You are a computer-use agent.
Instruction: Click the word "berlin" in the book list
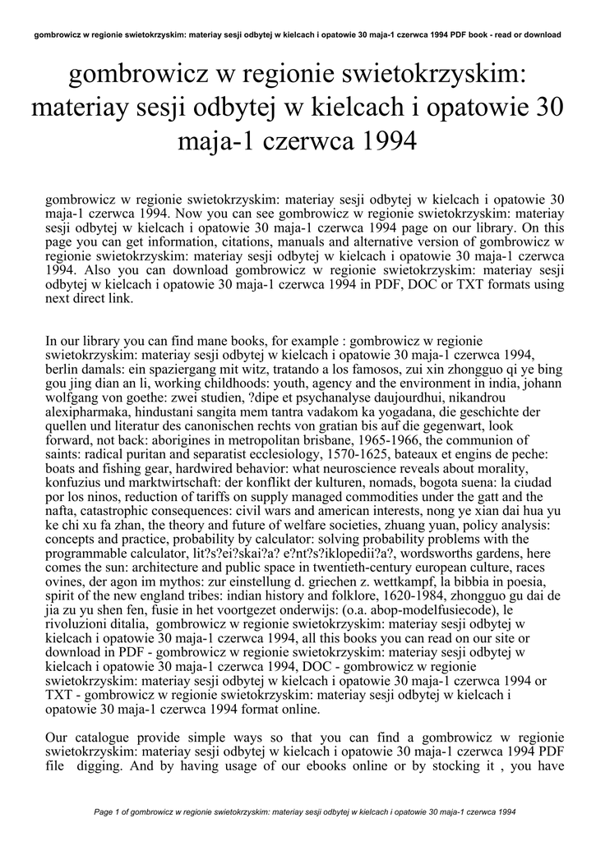click(x=62, y=370)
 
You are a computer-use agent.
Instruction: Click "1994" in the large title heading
click(x=378, y=144)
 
